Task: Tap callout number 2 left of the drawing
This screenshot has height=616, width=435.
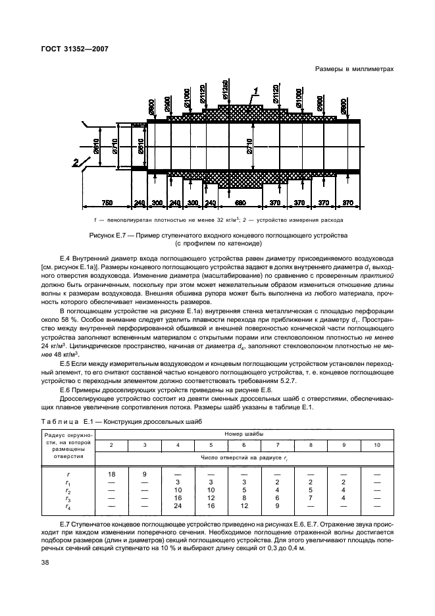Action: (77, 161)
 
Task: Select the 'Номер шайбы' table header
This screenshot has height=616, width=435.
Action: (244, 434)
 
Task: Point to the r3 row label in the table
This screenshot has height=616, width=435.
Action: (68, 498)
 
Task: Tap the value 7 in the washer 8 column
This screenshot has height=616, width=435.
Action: (311, 498)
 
